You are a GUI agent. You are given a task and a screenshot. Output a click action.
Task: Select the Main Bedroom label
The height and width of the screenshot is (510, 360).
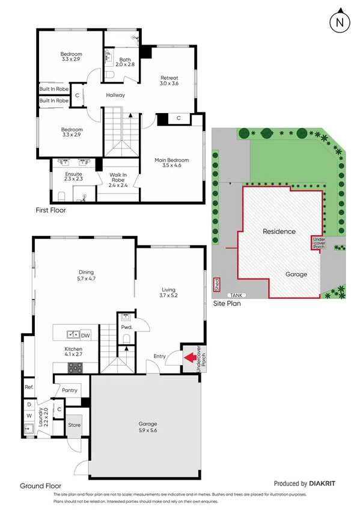tap(171, 162)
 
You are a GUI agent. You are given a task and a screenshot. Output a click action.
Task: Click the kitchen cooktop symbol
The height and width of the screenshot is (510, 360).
tap(76, 367)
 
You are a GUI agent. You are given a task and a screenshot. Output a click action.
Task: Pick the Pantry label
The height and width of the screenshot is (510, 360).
tap(70, 390)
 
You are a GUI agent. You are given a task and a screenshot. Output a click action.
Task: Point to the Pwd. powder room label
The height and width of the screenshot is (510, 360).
tap(126, 327)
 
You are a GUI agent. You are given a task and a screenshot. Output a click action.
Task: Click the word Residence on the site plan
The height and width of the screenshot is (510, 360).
tap(279, 231)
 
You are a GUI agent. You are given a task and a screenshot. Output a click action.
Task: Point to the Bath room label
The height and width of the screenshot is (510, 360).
tap(125, 63)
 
